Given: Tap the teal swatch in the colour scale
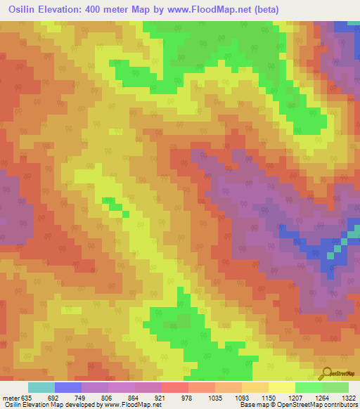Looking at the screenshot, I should click(41, 387).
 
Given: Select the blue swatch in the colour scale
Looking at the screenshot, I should click(68, 387).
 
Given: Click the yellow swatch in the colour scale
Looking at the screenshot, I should click(282, 387).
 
